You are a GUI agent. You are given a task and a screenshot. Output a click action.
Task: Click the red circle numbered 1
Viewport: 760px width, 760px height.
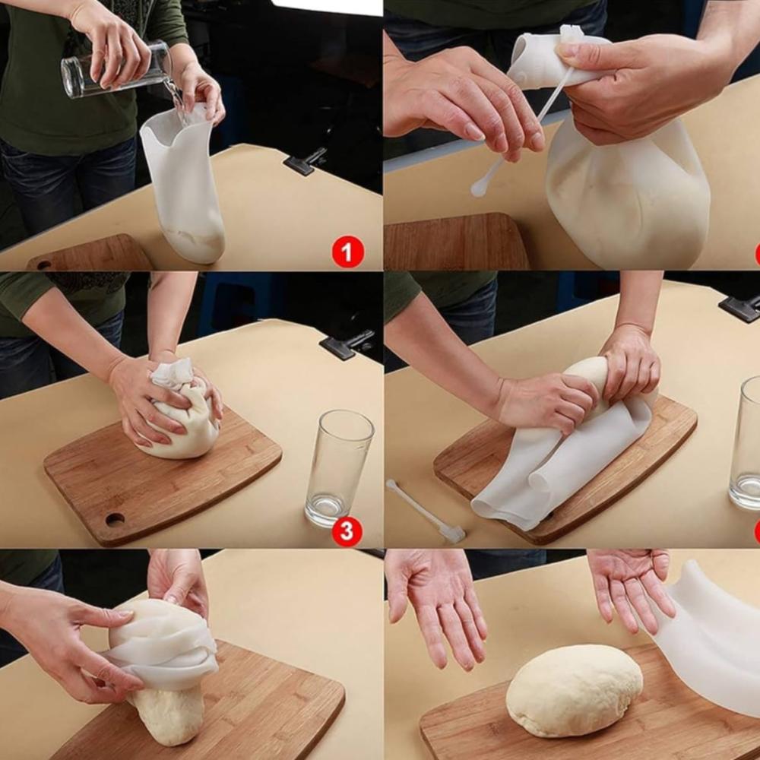347,252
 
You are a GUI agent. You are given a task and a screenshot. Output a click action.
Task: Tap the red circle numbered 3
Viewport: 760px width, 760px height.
347,531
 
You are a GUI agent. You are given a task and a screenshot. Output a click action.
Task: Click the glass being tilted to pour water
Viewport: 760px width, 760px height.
116,69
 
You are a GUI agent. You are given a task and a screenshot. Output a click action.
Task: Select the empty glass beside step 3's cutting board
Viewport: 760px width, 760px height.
339,467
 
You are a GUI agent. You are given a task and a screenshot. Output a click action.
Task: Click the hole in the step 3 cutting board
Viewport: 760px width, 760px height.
115,520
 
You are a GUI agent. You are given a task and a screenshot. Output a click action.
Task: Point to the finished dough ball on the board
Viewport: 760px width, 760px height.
575,690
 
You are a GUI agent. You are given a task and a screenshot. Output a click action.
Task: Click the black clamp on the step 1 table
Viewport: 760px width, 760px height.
305,161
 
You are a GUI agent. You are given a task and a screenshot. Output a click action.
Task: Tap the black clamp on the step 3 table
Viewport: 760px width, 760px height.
347,344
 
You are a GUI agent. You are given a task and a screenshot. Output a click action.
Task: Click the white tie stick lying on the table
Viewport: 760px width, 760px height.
426,511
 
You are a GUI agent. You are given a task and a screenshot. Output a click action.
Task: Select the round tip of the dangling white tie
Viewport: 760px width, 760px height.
479,188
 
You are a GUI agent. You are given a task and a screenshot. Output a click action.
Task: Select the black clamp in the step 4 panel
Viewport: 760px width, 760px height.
739,308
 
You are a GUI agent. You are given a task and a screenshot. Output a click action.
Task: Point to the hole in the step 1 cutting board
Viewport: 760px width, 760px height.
44,265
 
